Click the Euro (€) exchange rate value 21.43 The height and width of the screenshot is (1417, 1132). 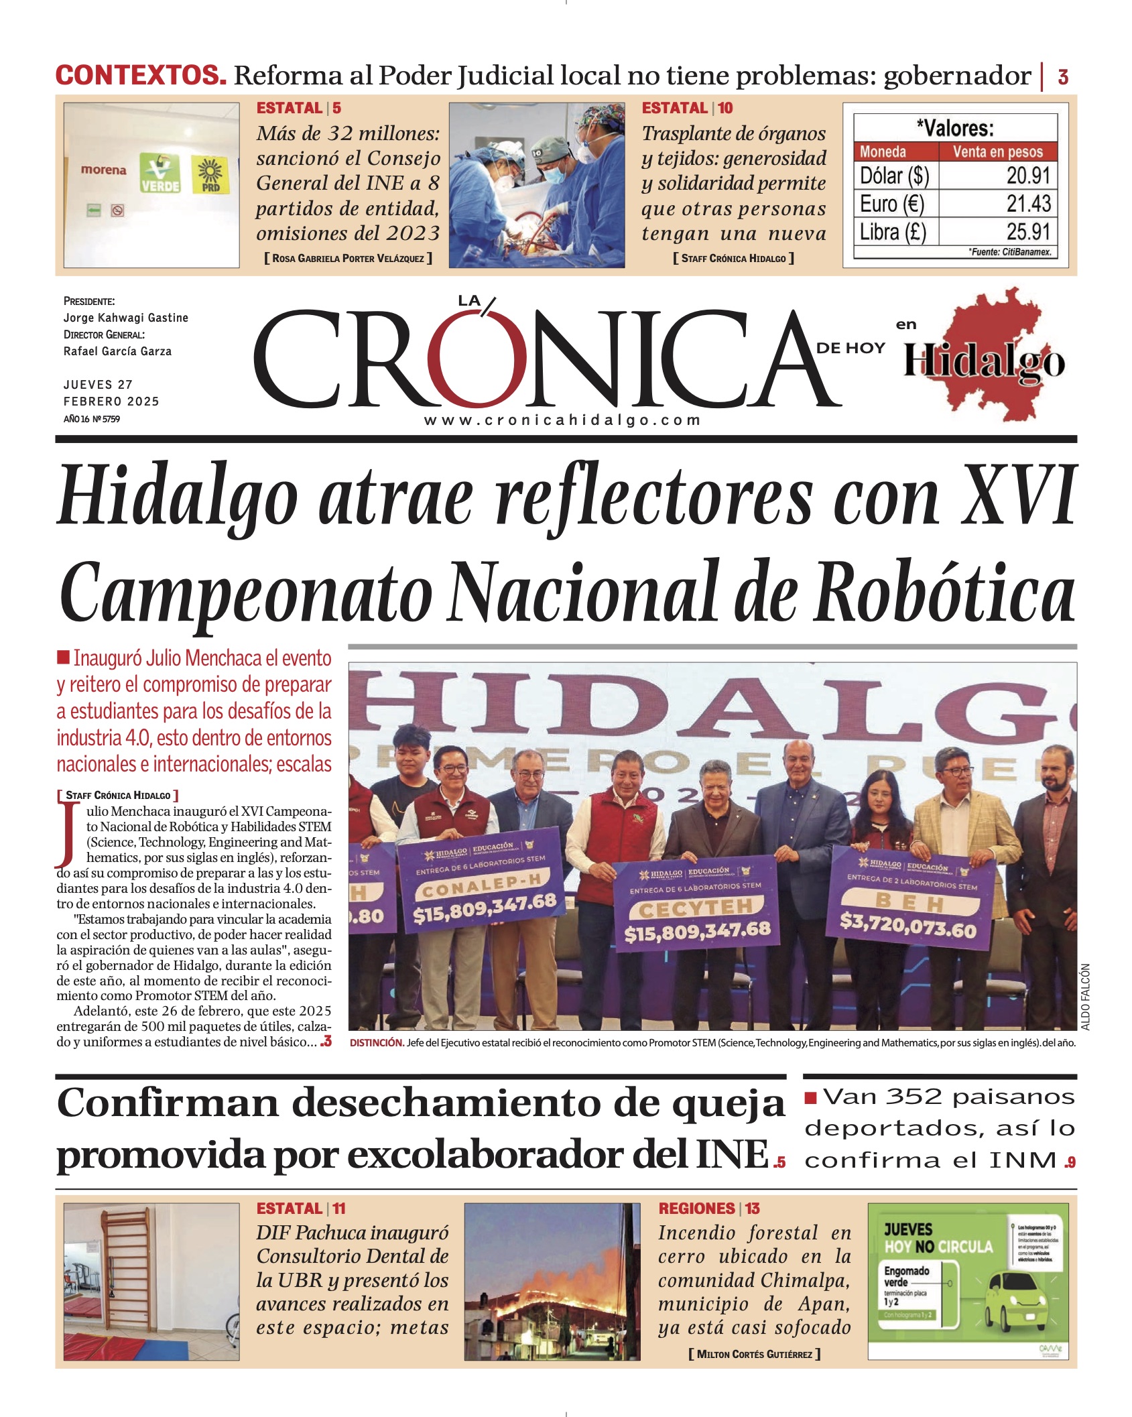click(x=1028, y=204)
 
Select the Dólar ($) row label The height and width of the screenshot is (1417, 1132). click(x=894, y=176)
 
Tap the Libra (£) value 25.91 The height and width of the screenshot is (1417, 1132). click(x=1028, y=232)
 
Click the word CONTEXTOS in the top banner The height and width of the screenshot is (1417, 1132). click(x=141, y=75)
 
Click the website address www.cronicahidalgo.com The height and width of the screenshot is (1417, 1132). click(x=562, y=420)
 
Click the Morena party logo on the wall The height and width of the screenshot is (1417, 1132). click(x=103, y=170)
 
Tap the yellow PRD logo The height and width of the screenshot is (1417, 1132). click(x=210, y=175)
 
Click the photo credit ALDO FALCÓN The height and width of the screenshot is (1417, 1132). click(x=1085, y=997)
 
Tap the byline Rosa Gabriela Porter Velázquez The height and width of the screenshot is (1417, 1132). click(x=348, y=258)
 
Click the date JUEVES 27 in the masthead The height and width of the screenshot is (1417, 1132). click(x=98, y=385)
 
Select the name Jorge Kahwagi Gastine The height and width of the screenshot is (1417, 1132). click(x=125, y=318)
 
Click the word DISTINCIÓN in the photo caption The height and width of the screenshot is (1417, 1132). click(x=377, y=1043)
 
